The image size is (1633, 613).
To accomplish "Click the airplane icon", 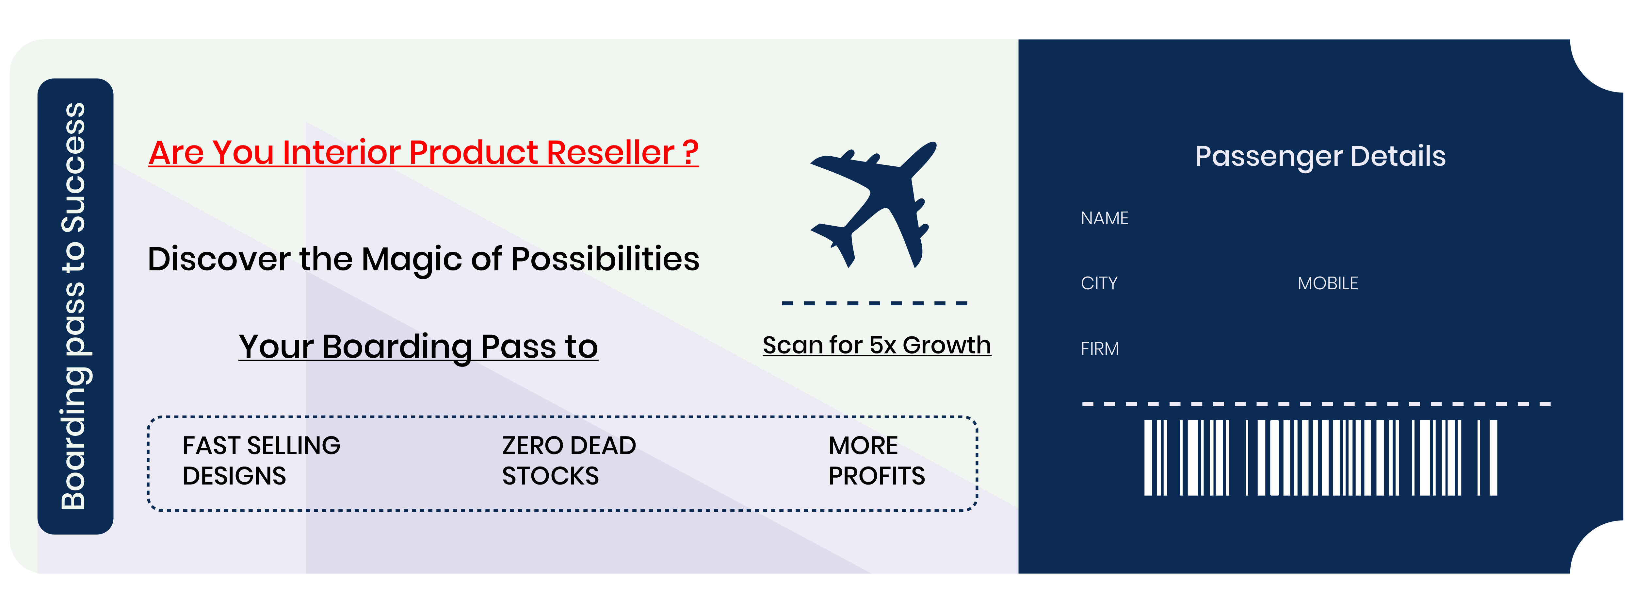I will pos(874,204).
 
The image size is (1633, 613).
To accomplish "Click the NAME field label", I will pos(1104,218).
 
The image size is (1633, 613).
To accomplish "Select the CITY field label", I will pos(1099,283).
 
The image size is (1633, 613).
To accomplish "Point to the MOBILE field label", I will pos(1327,283).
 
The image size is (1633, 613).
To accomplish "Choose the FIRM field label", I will pos(1099,349).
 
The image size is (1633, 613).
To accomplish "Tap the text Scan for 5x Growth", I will pos(876,345).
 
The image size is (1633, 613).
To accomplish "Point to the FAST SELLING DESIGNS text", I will pos(261,460).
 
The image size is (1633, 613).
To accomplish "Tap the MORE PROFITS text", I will pos(876,460).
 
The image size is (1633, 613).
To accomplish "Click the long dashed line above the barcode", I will pos(1316,403).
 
